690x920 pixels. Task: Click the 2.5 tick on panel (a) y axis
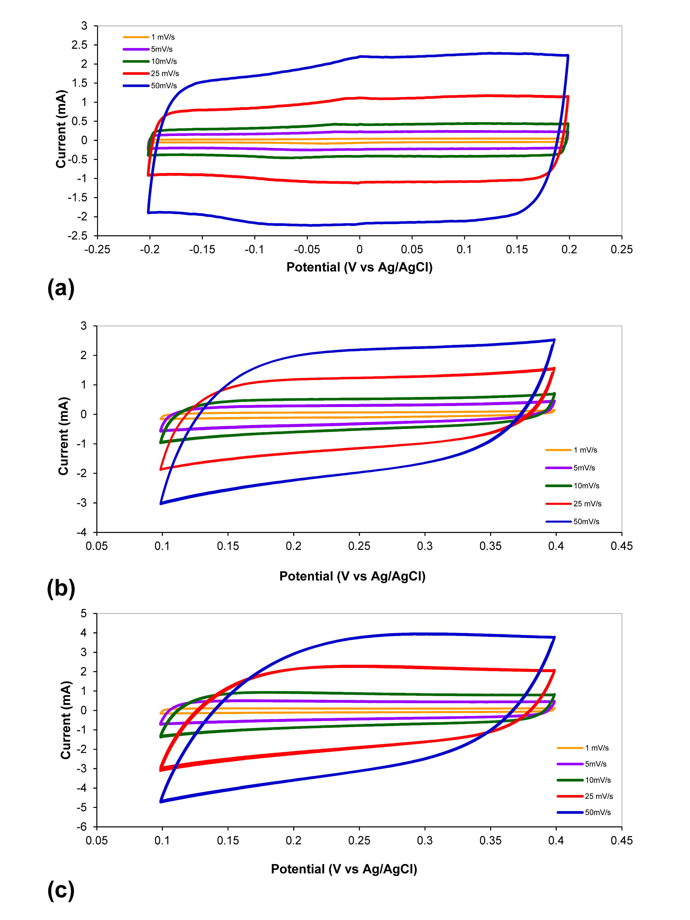pos(79,45)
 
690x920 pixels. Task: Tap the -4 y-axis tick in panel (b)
pos(82,532)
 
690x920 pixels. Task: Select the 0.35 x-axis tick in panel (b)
pos(490,546)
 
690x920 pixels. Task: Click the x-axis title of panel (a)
pos(359,267)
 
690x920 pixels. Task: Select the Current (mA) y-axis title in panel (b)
pos(64,436)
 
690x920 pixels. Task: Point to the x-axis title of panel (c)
pos(344,869)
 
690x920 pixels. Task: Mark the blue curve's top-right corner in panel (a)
pos(568,55)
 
